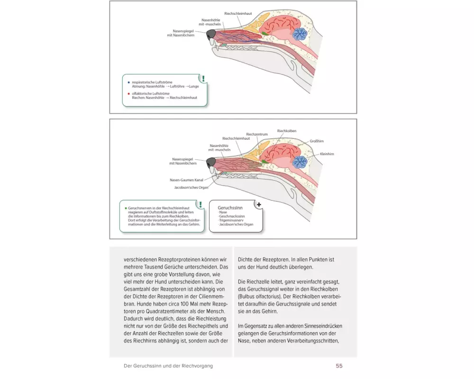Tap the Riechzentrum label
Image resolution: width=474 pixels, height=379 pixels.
tap(257, 135)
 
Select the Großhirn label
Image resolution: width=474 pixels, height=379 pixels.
tap(317, 141)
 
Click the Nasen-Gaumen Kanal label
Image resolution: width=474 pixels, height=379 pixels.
tap(187, 180)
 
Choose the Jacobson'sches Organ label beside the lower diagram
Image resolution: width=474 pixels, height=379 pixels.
tap(189, 187)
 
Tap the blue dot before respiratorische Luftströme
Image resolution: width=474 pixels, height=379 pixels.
tap(128, 83)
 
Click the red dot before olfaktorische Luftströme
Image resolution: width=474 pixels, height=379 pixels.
tap(128, 94)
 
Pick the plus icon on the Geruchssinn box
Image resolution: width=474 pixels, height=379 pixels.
tap(259, 204)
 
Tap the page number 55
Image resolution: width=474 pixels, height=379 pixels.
tap(339, 366)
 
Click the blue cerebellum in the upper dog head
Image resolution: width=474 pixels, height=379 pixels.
tap(300, 34)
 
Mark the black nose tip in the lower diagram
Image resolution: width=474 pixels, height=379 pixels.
tap(211, 162)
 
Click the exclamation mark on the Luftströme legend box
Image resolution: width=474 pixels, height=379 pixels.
tap(203, 79)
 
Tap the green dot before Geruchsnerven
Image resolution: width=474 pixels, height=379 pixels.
tap(126, 208)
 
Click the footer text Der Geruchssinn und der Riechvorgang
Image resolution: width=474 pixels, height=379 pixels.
tap(168, 366)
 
